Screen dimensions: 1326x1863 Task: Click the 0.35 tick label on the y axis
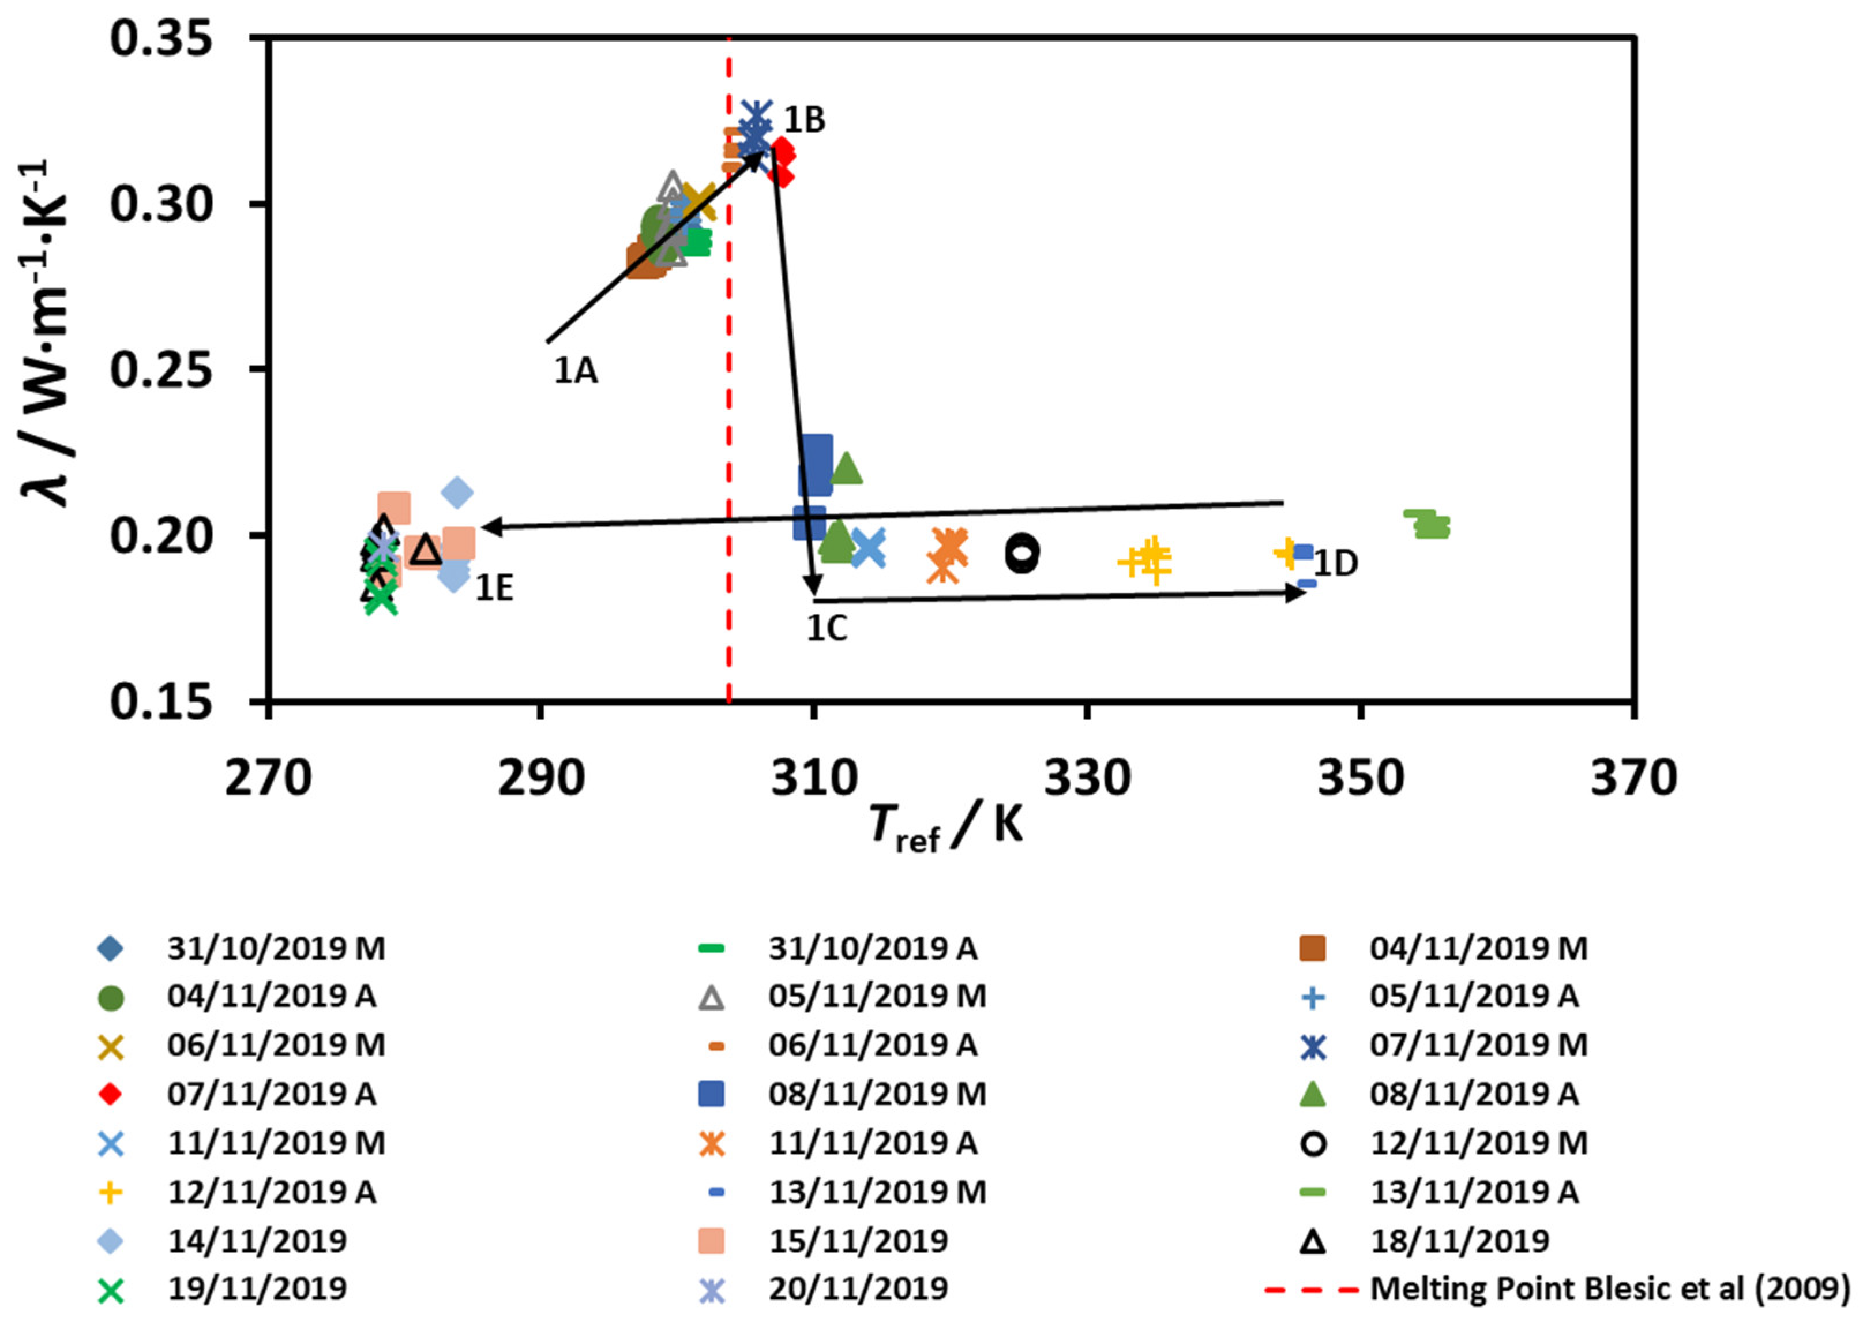click(161, 39)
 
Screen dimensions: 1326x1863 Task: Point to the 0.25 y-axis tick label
click(161, 370)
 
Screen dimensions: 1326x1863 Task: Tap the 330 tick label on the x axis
click(1087, 778)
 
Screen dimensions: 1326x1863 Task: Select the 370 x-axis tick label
click(1633, 778)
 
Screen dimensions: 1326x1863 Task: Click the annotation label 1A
click(576, 371)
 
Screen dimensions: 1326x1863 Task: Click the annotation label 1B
click(804, 120)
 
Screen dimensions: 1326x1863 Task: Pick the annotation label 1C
click(827, 629)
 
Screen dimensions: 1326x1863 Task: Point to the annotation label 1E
click(495, 588)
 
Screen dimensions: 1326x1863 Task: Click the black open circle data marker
click(1022, 553)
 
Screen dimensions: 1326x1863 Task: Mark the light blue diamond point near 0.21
click(457, 493)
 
